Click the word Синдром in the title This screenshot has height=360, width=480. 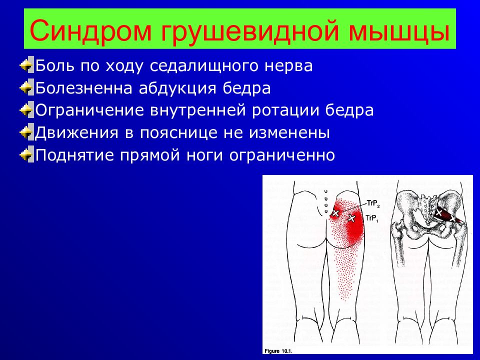pos(90,29)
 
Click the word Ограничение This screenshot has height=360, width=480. pos(89,110)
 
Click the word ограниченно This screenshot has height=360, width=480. pos(282,155)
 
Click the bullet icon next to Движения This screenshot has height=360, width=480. pos(26,132)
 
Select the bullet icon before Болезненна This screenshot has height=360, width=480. pos(26,87)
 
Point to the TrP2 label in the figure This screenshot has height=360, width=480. pos(373,204)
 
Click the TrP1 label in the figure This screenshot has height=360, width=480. pos(372,218)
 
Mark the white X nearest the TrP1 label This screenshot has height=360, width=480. pos(351,218)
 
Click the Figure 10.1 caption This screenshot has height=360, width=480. pos(278,351)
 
